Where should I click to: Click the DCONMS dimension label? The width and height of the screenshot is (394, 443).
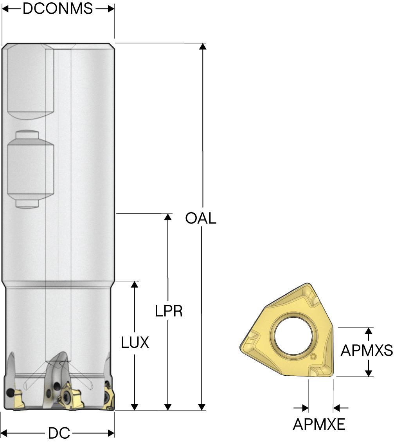58,9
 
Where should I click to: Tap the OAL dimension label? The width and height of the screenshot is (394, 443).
201,218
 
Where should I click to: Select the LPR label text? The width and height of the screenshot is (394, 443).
169,311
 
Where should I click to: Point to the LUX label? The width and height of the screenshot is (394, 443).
135,343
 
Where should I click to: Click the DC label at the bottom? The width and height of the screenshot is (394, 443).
59,433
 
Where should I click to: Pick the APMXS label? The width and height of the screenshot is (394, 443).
367,351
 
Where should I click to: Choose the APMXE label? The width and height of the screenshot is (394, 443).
319,424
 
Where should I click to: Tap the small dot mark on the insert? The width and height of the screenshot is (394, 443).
313,357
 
